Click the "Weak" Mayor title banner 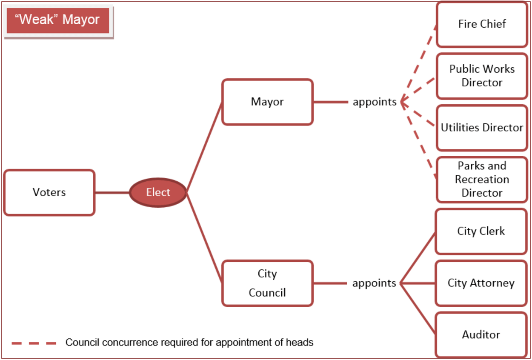[57, 20]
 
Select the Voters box [49, 192]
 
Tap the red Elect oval [158, 192]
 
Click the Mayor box [267, 102]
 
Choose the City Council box [267, 283]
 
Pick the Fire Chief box [482, 24]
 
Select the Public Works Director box [482, 76]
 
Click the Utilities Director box [482, 128]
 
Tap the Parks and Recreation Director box [482, 179]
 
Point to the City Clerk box [481, 231]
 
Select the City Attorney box [481, 283]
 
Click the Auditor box [481, 335]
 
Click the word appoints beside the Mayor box [375, 102]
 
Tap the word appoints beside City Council [374, 283]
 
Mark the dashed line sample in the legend [34, 343]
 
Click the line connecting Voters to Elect [112, 192]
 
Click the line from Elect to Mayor [204, 147]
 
